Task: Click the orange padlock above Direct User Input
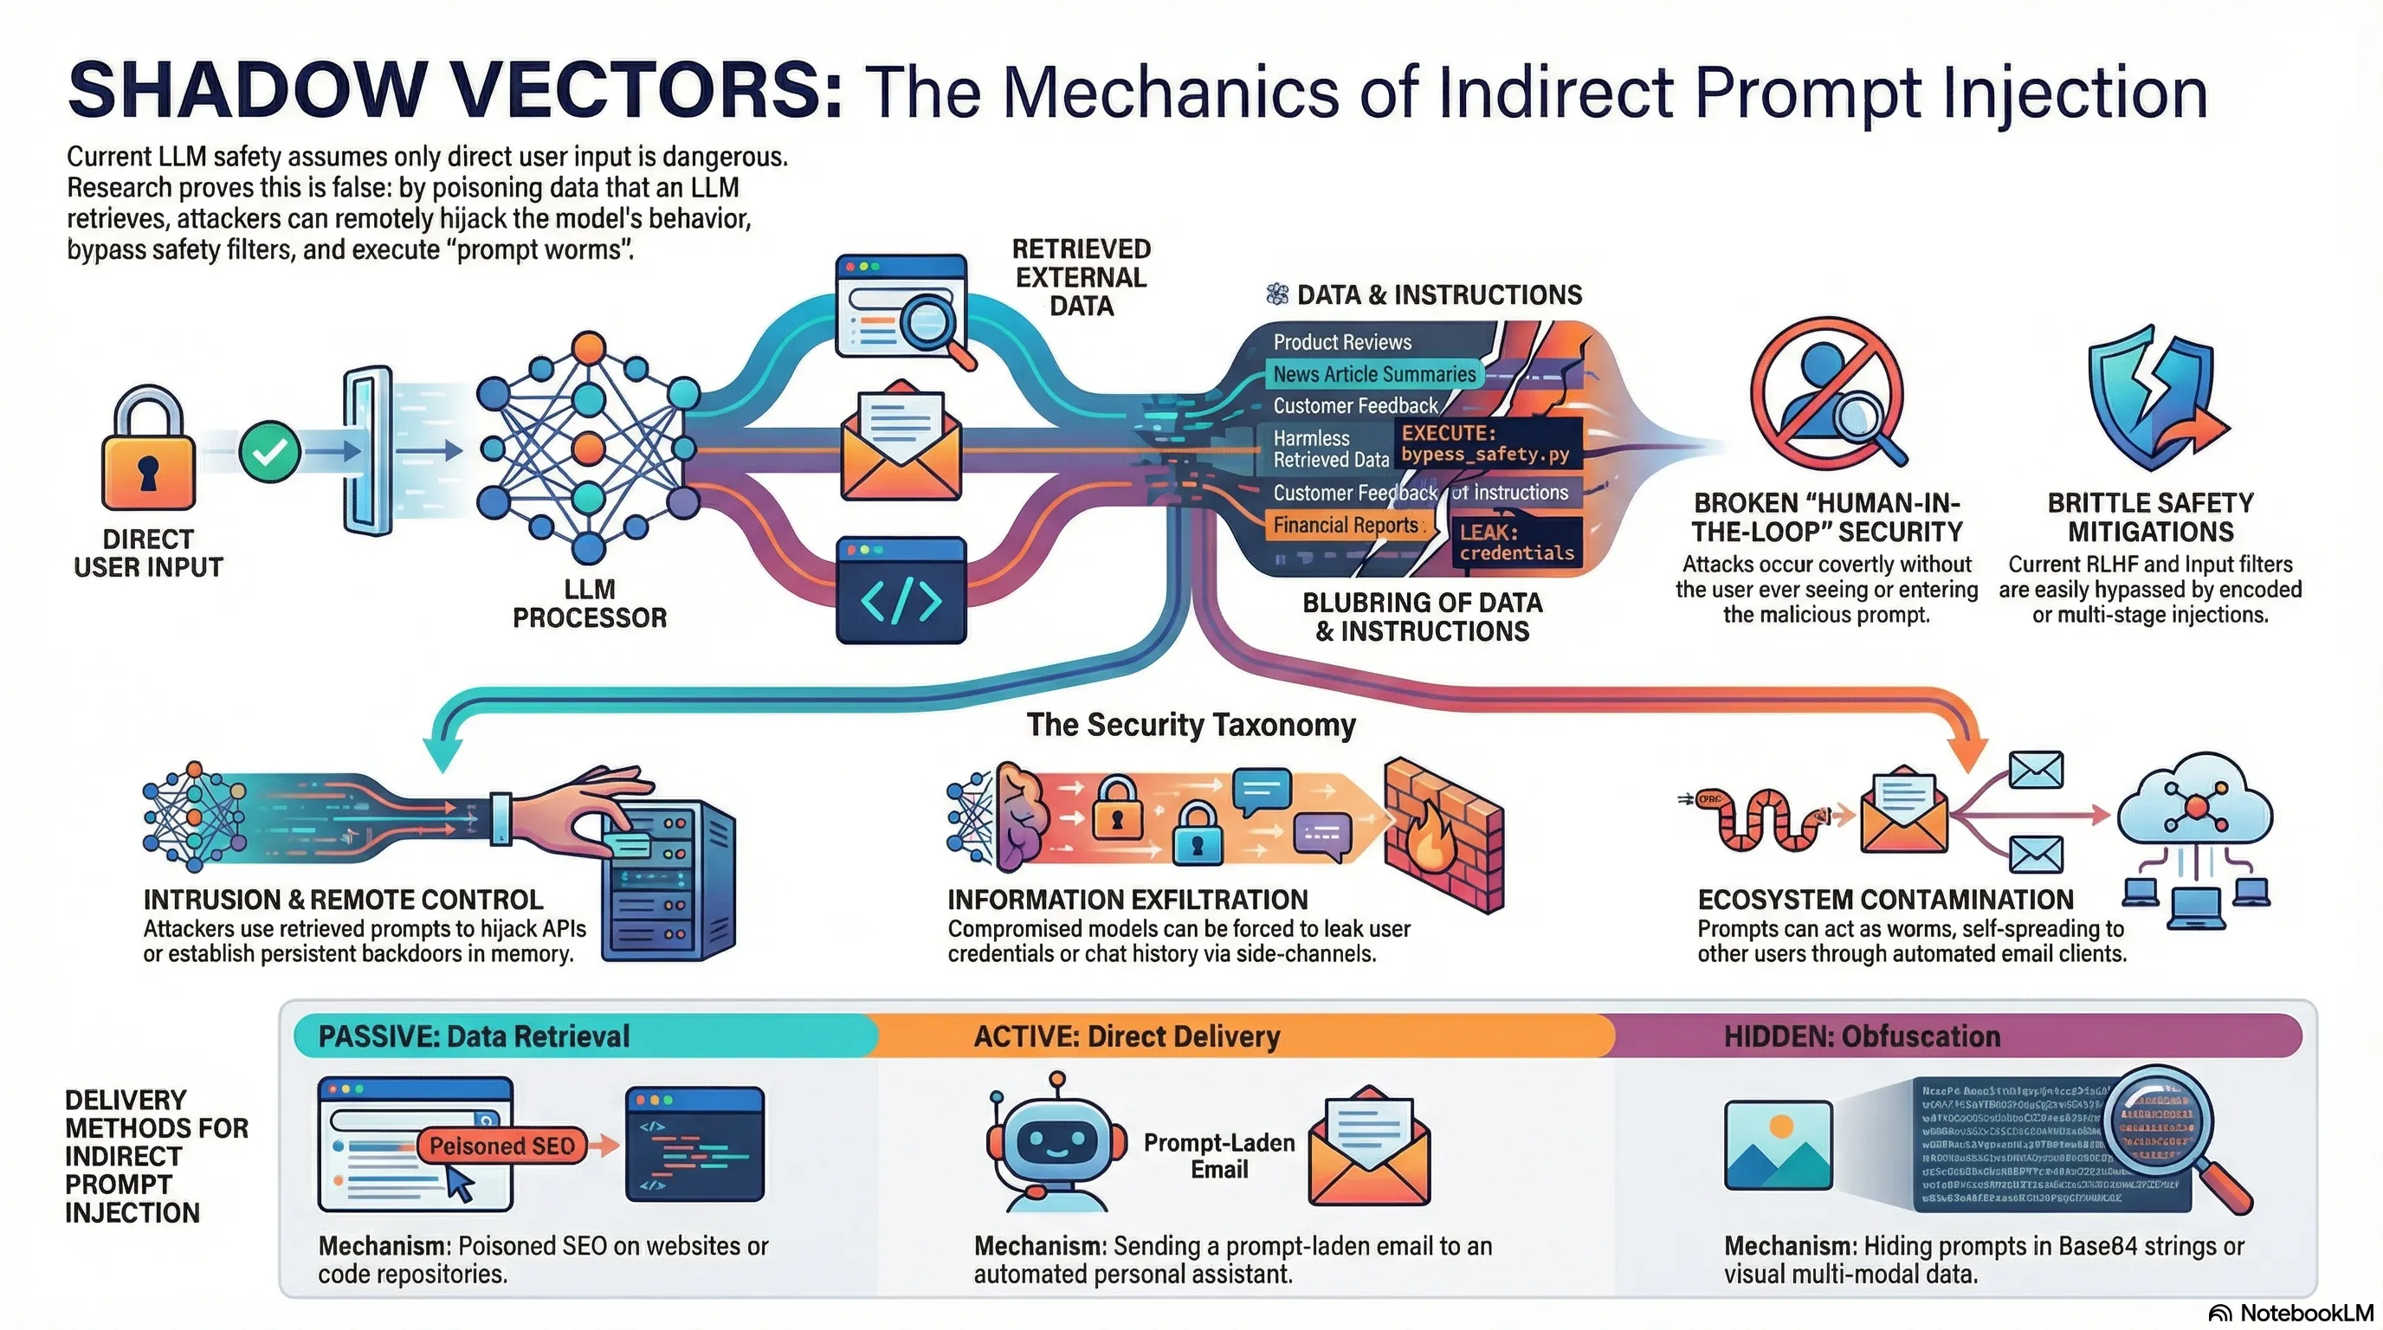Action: tap(148, 453)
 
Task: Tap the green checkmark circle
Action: tap(269, 451)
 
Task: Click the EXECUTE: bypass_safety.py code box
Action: tap(1487, 444)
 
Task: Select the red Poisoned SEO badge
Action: tap(502, 1146)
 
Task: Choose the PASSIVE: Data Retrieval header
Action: tap(474, 1036)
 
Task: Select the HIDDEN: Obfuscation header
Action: tap(1861, 1036)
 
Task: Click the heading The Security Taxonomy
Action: tap(1191, 724)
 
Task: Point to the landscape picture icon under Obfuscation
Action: tap(1777, 1145)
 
